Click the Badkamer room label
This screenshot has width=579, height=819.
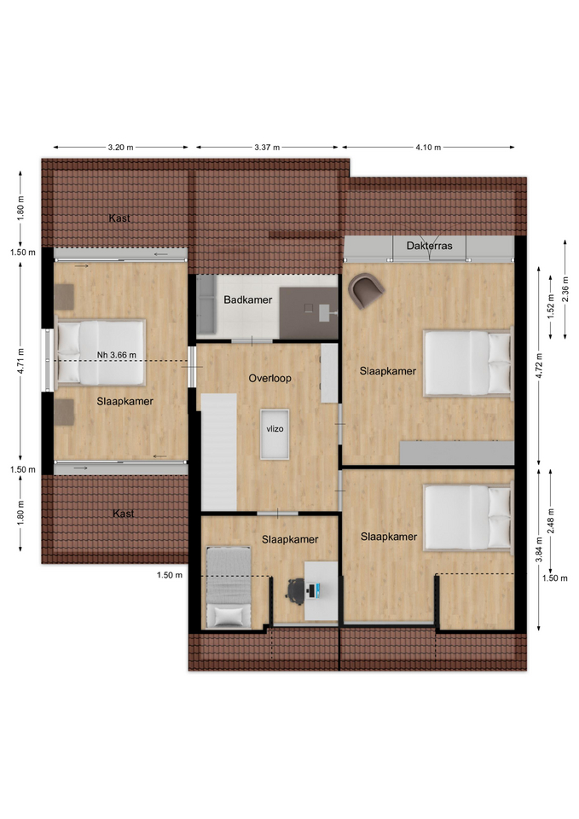click(x=247, y=299)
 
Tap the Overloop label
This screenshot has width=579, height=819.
click(x=269, y=378)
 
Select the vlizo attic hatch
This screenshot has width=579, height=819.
click(x=275, y=434)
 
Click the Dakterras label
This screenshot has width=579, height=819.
click(x=429, y=245)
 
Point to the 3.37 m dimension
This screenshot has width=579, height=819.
click(x=267, y=148)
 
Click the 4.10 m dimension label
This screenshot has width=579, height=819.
click(x=428, y=148)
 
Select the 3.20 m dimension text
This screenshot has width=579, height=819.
click(x=120, y=148)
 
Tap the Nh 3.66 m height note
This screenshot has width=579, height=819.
click(x=117, y=355)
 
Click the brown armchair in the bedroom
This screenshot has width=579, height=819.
click(x=366, y=290)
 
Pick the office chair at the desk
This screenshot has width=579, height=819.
click(x=296, y=591)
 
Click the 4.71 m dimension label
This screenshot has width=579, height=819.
click(x=20, y=361)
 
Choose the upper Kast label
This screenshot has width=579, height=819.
click(x=119, y=218)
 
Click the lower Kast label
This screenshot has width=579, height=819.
click(x=123, y=514)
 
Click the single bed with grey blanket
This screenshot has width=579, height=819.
click(x=229, y=587)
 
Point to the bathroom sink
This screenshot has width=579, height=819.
click(x=328, y=312)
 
